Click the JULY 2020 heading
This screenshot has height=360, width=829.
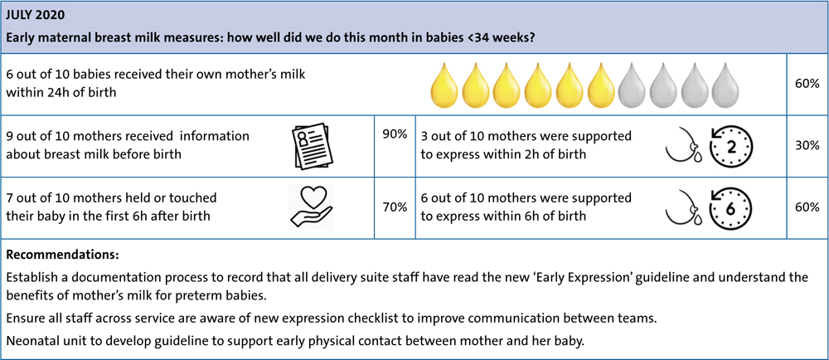[x=36, y=15]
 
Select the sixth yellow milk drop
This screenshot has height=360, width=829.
[x=600, y=85]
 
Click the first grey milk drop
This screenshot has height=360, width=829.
[x=631, y=85]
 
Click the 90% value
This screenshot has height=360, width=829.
[x=395, y=135]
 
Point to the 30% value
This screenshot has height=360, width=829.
[x=807, y=147]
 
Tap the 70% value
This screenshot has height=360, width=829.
[x=395, y=207]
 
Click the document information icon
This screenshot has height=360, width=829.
[x=311, y=148]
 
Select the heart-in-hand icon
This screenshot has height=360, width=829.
[x=312, y=207]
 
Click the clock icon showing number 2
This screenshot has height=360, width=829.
[x=730, y=147]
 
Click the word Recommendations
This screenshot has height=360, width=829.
[x=62, y=255]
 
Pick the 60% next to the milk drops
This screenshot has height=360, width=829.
[x=807, y=84]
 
